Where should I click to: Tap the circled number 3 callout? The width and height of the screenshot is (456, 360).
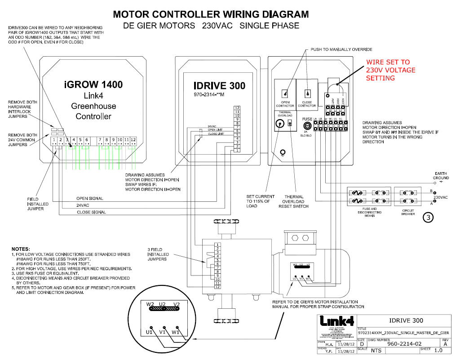coord(428,218)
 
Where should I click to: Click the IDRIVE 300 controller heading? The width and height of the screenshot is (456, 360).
coord(219,86)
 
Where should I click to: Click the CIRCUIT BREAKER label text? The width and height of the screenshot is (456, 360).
coord(407,212)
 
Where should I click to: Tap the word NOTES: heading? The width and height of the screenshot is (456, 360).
coord(22,249)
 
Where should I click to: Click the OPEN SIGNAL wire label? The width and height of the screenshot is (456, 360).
coord(89,198)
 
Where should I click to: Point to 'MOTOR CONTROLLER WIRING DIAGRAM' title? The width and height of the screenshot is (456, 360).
coord(211,14)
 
